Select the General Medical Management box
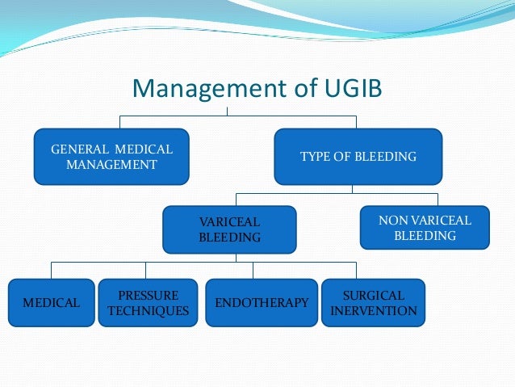111,157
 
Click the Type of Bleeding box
358,156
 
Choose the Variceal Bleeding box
229,229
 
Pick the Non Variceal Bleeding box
425,228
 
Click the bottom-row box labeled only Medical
51,303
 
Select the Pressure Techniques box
148,303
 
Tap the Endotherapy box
262,303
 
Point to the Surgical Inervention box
373,303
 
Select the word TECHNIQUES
148,311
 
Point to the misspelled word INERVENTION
373,311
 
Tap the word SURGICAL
373,295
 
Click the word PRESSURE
148,295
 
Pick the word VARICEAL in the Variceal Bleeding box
229,221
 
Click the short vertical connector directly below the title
228,111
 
